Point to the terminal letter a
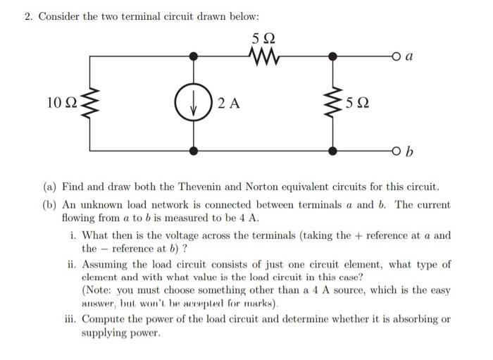pyautogui.click(x=410, y=54)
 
